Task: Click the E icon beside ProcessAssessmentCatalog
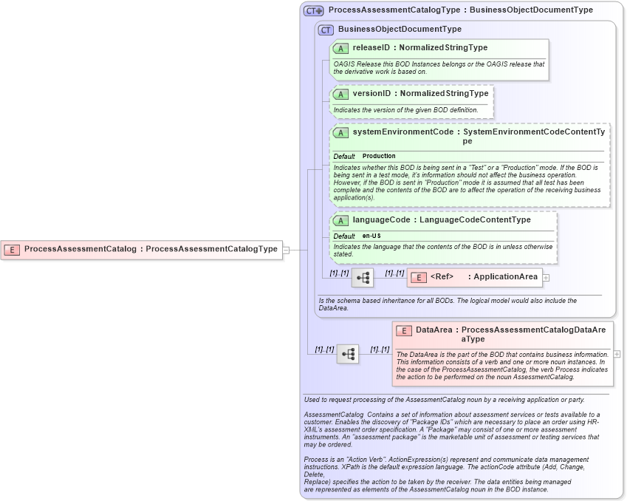[12, 250]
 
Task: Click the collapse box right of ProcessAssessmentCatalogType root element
[286, 250]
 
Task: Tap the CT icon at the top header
[314, 11]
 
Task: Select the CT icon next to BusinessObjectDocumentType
[326, 30]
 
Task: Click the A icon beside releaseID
[340, 49]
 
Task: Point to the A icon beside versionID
[340, 95]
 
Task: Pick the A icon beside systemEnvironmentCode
[340, 133]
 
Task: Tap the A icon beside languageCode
[340, 221]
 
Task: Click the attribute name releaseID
[371, 48]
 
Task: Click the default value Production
[379, 157]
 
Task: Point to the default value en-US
[371, 236]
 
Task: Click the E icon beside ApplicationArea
[419, 278]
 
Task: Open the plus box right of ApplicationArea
[547, 278]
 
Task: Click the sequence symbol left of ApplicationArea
[363, 278]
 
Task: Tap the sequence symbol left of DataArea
[348, 354]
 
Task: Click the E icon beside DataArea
[404, 331]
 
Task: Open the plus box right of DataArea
[617, 354]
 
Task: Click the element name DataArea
[434, 330]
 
